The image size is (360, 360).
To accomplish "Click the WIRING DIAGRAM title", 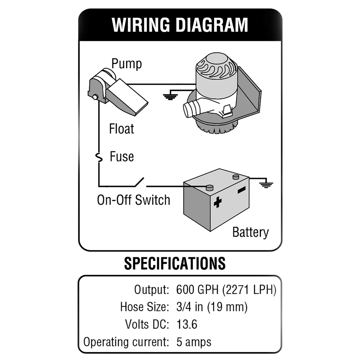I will point(180,25).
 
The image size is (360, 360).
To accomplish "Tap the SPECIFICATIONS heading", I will point(175,263).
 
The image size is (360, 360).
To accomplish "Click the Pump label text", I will point(126,64).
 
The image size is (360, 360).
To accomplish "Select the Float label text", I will point(121,129).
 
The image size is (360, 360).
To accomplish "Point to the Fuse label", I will point(122,157).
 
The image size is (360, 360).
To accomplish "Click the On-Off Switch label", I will point(134,200).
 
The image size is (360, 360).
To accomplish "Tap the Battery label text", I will point(251,232).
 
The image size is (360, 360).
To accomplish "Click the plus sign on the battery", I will point(217,203).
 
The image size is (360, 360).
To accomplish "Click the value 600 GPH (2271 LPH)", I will point(226,289).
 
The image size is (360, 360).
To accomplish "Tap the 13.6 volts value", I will point(187,324).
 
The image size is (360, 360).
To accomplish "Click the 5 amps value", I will point(194,341).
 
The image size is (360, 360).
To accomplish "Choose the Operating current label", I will point(126,341).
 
